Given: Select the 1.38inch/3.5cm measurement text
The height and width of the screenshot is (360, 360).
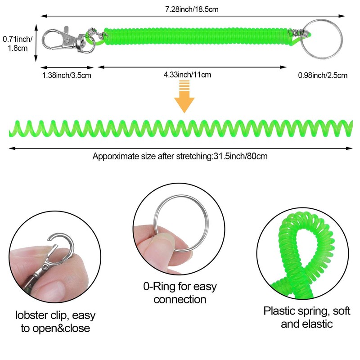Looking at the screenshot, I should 67,75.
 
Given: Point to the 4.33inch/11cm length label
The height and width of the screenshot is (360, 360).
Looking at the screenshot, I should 187,75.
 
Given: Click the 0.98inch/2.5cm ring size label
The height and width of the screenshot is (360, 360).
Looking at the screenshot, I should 322,75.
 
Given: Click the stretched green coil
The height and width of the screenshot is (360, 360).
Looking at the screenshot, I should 180,128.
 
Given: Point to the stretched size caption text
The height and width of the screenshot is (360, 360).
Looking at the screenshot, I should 181,157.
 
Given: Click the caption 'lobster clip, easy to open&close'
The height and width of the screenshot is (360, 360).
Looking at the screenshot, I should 55,321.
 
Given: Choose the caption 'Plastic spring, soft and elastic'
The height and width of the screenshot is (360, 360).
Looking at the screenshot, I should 307,317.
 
